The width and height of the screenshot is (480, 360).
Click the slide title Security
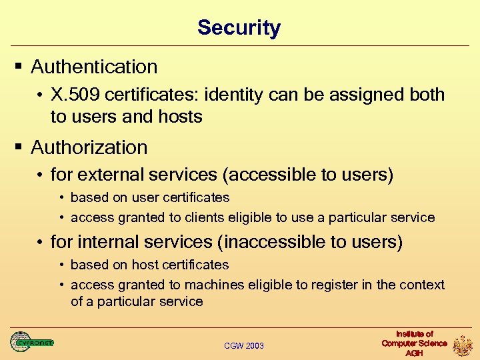[239, 28]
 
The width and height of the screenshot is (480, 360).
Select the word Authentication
[94, 67]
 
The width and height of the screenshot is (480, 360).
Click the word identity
[235, 95]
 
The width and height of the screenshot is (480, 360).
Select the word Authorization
[89, 147]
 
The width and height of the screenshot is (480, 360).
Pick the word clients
[185, 217]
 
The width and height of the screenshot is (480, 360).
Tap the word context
[423, 285]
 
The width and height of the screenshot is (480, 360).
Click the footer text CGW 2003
[244, 345]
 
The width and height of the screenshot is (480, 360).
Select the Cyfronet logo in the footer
[31, 342]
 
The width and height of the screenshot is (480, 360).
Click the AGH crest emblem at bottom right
[463, 345]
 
